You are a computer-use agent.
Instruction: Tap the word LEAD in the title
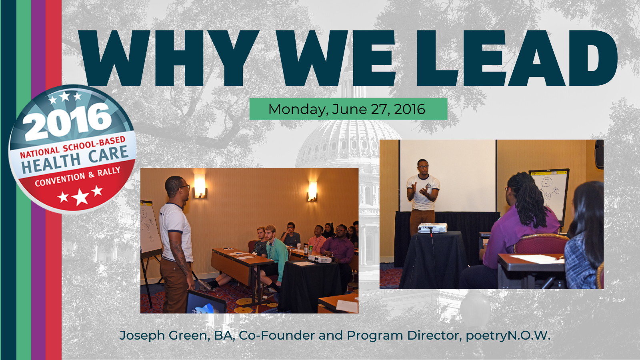click(x=517, y=58)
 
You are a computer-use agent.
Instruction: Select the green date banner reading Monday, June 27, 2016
click(x=348, y=109)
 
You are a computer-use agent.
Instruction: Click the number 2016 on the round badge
click(x=68, y=122)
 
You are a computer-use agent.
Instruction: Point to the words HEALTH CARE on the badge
click(x=75, y=160)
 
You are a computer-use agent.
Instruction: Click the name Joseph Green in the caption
click(x=162, y=336)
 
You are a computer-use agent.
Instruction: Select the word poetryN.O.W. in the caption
click(x=508, y=336)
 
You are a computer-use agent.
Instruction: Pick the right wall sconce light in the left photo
click(x=312, y=191)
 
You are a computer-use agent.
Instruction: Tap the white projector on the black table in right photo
click(x=432, y=228)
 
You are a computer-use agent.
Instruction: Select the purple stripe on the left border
click(x=38, y=180)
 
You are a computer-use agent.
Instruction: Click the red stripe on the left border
click(x=54, y=180)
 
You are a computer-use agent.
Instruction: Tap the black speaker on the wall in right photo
click(x=599, y=154)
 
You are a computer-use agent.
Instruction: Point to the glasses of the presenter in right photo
click(x=423, y=166)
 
